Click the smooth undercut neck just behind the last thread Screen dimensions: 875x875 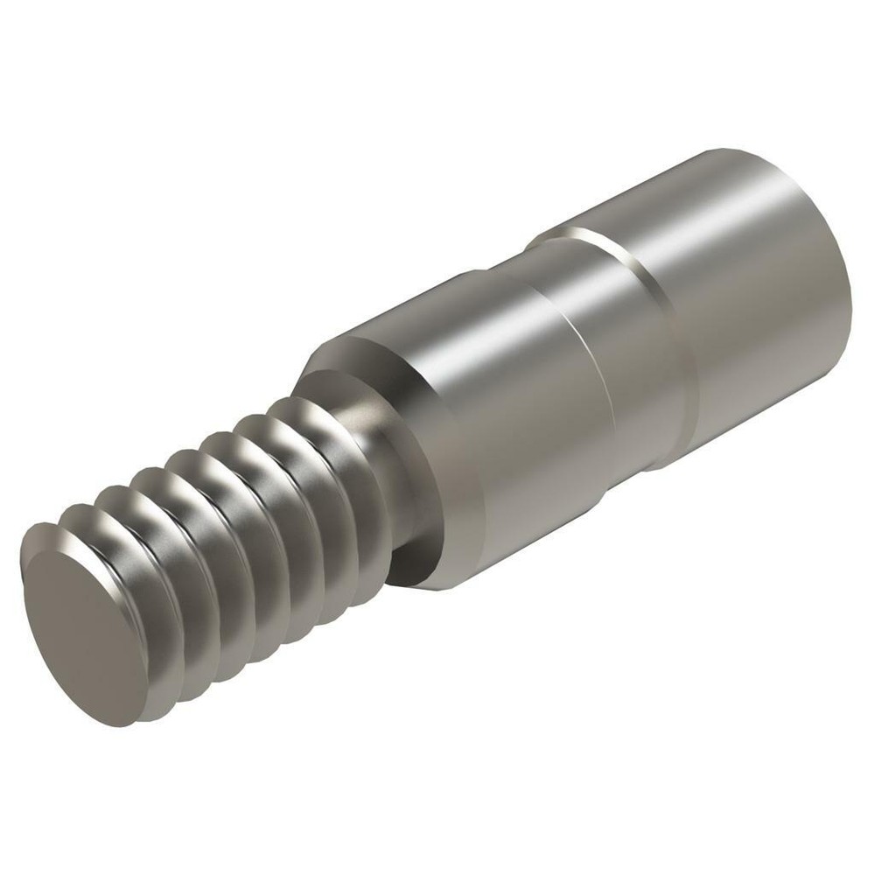coord(398,490)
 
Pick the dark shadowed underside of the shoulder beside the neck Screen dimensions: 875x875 coord(411,560)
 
